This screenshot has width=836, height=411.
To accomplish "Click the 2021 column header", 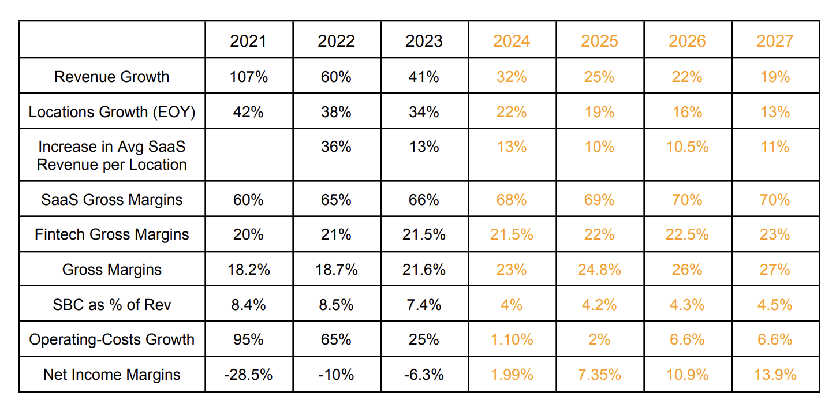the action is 248,41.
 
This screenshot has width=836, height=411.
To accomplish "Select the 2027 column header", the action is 775,41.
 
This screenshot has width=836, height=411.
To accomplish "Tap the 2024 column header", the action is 512,41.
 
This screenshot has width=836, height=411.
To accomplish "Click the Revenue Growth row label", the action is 111,77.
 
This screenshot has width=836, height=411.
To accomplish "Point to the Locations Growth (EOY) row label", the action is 111,112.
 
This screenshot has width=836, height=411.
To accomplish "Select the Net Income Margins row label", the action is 111,375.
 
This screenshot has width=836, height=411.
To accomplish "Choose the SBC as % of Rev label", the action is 111,305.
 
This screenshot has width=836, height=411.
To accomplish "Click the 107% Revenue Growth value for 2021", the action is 249,77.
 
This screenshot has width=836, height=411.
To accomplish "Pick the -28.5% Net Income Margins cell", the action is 248,375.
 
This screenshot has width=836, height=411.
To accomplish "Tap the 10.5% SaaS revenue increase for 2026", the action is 687,147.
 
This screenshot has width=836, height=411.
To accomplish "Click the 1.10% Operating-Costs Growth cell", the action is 512,339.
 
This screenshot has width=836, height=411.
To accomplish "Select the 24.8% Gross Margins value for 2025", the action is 599,270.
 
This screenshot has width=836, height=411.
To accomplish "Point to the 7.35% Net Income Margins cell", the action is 599,375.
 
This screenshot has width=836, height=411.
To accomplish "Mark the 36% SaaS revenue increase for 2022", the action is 336,147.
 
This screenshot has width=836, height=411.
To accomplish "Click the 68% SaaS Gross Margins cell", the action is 512,200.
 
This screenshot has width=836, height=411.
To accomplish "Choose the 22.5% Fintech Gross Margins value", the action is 687,234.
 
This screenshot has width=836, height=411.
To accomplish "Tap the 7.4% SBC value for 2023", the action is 424,305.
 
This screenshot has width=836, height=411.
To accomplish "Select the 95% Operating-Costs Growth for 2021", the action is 248,339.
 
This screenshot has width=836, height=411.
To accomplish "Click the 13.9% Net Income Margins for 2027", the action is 775,375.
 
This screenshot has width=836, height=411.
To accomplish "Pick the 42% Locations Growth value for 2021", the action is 248,112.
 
